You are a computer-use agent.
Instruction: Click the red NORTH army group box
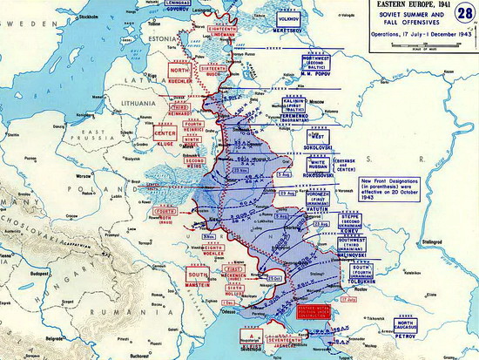pyautogui.click(x=179, y=72)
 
